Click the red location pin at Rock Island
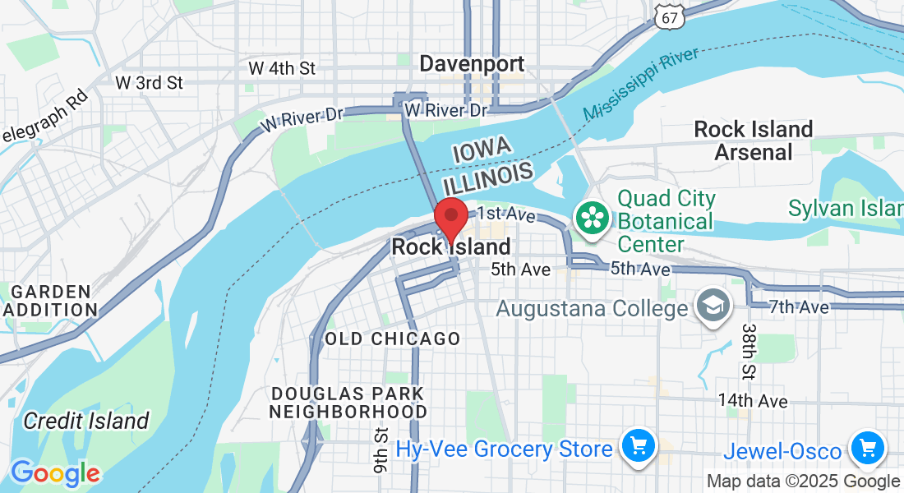(x=451, y=218)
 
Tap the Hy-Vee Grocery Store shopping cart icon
(x=638, y=447)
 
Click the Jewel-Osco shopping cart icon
(x=868, y=449)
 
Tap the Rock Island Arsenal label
(x=754, y=141)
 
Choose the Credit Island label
(x=86, y=422)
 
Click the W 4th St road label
(x=282, y=68)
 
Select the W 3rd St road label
(x=149, y=83)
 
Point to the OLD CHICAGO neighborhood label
(x=392, y=339)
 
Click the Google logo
(x=55, y=473)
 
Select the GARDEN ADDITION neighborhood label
(x=49, y=301)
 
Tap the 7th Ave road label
(x=799, y=307)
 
